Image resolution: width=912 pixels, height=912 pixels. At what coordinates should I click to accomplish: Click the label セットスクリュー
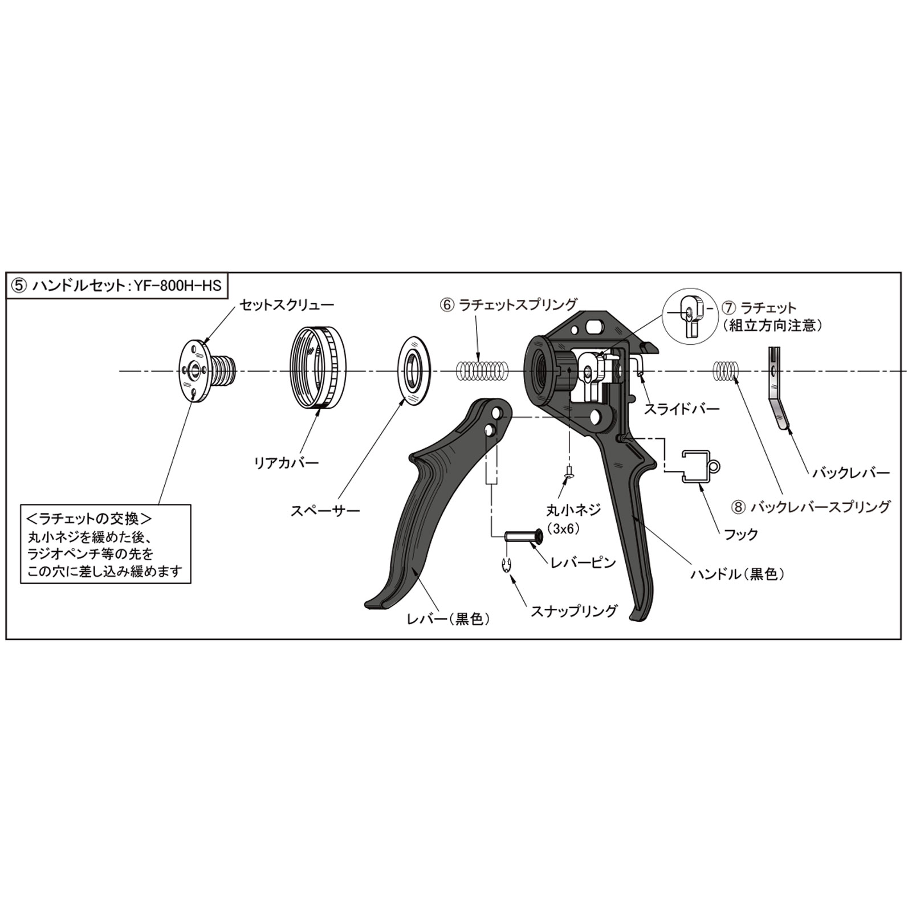click(286, 304)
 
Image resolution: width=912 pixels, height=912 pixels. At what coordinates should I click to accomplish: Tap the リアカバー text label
click(286, 462)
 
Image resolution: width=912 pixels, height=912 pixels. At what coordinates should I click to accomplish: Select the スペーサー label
click(325, 511)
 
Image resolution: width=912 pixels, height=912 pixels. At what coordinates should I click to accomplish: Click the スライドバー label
click(682, 409)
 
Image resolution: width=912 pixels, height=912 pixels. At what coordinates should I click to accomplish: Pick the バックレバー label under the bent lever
click(851, 473)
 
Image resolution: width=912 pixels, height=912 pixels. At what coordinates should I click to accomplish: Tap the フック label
click(741, 534)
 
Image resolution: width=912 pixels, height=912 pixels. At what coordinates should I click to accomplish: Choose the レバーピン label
click(583, 563)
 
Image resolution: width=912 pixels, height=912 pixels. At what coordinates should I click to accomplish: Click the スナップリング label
click(574, 611)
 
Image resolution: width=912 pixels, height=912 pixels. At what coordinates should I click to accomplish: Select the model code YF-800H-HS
click(177, 286)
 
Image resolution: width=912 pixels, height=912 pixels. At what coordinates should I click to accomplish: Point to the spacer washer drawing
click(413, 371)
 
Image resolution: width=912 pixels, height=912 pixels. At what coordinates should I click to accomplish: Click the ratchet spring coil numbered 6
click(482, 371)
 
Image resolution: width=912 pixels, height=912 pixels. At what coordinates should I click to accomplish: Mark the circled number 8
click(739, 506)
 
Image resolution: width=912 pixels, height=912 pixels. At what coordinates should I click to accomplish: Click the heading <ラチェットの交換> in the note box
click(89, 519)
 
